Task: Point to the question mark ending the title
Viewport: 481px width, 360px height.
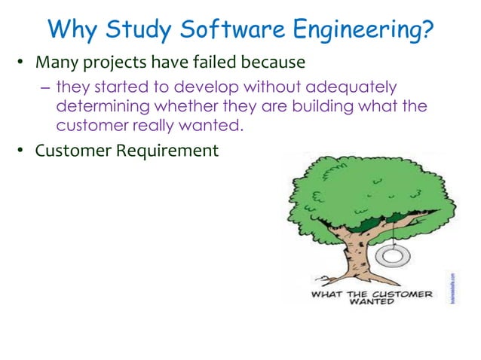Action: click(427, 30)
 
